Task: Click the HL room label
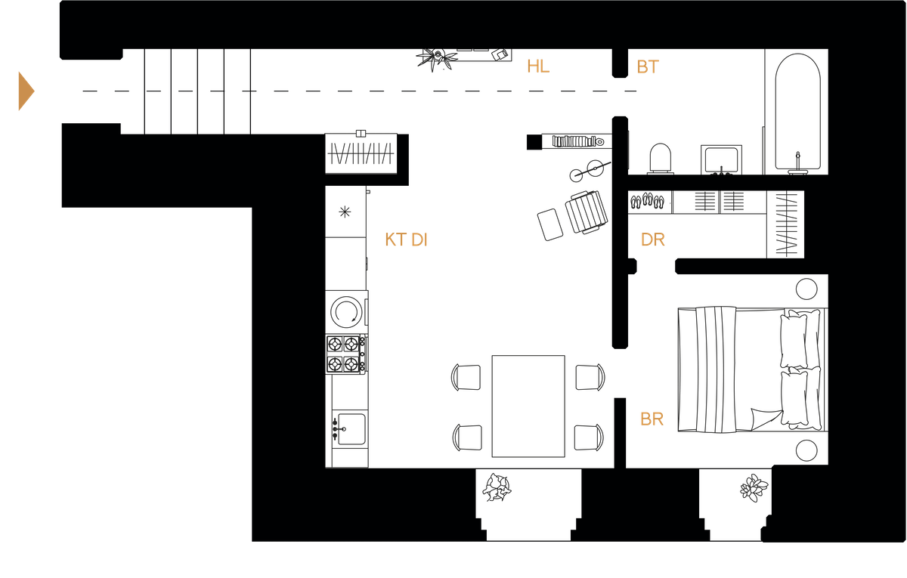[x=537, y=66]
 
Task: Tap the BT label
[x=647, y=67]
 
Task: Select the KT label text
[x=395, y=240]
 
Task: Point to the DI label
[x=420, y=240]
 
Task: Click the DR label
[x=653, y=240]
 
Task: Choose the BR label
[x=652, y=419]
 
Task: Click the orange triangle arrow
[x=25, y=91]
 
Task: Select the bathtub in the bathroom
[x=797, y=113]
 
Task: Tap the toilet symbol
[x=660, y=158]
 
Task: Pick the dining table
[x=528, y=406]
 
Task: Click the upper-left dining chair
[x=466, y=377]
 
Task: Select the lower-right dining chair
[x=590, y=437]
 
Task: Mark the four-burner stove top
[x=347, y=354]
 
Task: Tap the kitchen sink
[x=349, y=428]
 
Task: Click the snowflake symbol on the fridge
[x=345, y=212]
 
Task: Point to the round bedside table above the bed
[x=807, y=289]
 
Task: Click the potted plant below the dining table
[x=496, y=487]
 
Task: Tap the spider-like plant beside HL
[x=436, y=59]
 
